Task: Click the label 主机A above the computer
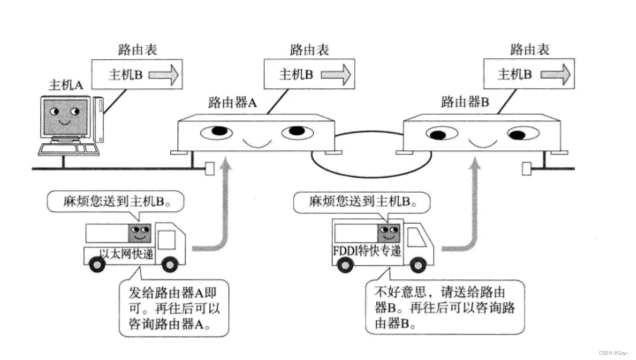65,84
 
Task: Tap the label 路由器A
232,103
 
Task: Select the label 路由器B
465,103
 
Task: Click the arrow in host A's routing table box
163,74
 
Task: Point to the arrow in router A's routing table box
336,74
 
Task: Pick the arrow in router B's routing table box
555,74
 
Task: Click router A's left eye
217,132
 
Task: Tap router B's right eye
523,133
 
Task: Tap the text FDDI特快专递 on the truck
367,251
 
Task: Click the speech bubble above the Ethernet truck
116,202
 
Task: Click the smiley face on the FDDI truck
389,232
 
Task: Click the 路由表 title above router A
310,50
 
